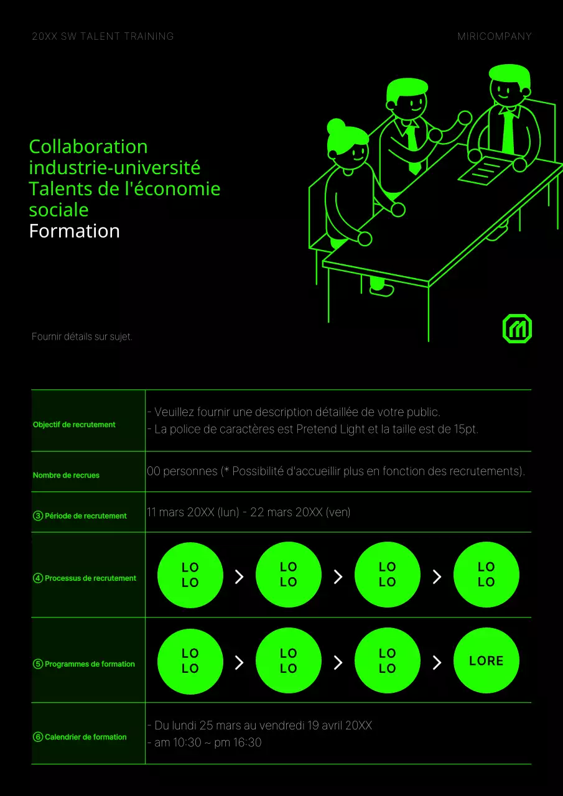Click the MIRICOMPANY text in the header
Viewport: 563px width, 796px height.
495,36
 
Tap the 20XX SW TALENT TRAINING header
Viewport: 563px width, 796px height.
103,36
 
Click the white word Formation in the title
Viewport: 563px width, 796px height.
74,231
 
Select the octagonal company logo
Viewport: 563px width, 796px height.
517,328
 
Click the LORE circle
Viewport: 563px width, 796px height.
486,660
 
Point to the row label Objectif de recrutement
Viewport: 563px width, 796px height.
74,424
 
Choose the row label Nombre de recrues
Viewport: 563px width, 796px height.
66,475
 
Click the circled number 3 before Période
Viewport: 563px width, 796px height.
38,516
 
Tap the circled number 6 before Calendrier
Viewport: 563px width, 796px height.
38,737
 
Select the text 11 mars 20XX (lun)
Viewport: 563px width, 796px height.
193,512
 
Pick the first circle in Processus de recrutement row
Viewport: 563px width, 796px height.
190,575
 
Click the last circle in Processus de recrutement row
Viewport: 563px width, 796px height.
486,575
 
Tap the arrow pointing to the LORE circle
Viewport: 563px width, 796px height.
437,662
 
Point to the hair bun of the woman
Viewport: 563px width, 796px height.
335,126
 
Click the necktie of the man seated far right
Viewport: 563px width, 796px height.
508,131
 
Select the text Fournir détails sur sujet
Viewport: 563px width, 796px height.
81,336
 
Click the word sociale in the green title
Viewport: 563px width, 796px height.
58,210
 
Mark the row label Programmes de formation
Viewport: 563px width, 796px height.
90,664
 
